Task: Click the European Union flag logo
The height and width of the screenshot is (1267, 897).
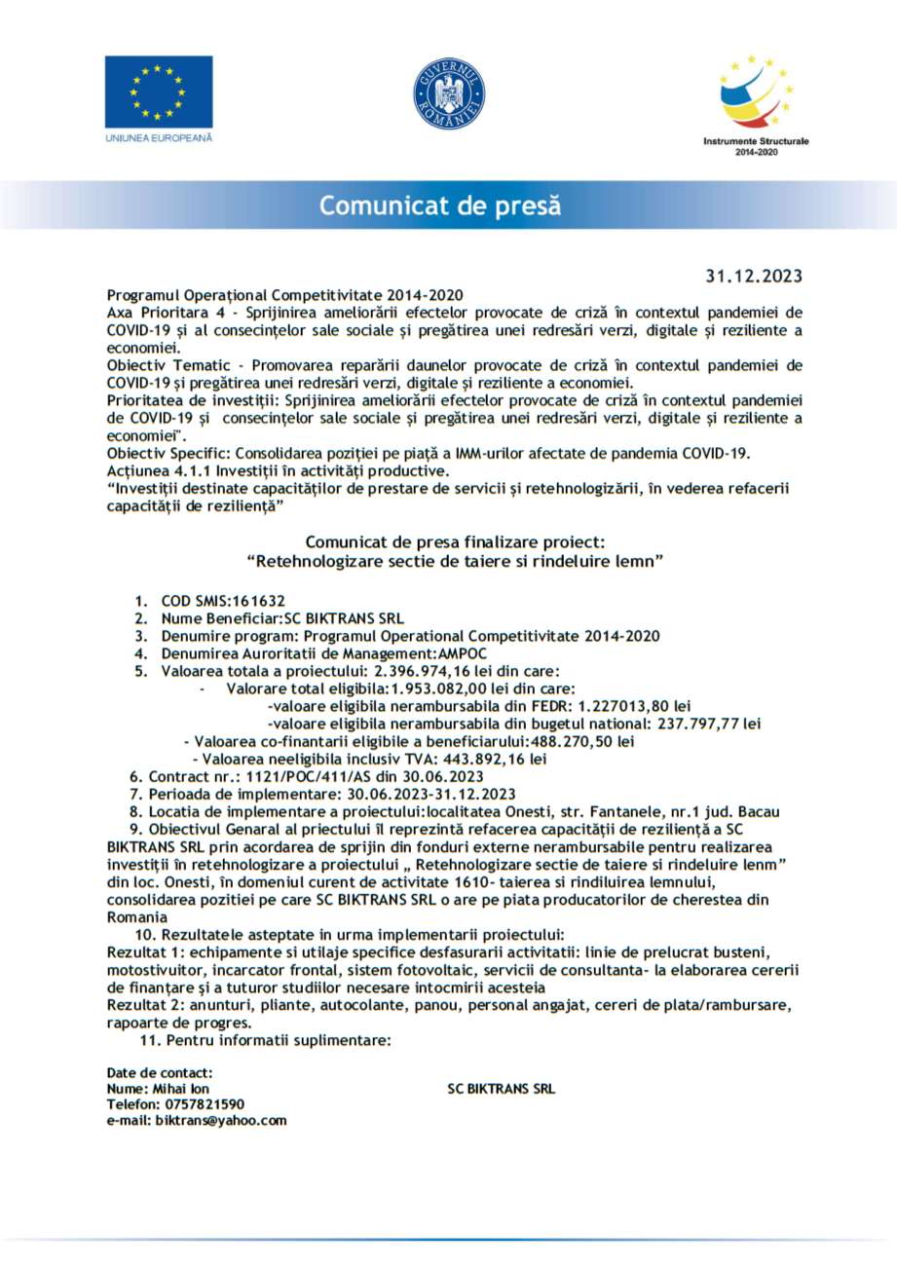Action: click(x=159, y=92)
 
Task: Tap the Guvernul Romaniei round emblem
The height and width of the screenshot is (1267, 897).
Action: click(x=448, y=94)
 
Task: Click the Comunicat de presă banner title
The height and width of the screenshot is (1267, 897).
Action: click(x=440, y=205)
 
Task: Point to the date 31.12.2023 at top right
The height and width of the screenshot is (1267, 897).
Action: click(x=754, y=276)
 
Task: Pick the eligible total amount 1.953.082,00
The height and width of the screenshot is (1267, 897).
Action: click(x=435, y=689)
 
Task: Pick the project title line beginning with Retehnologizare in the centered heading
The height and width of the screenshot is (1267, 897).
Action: click(x=456, y=562)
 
